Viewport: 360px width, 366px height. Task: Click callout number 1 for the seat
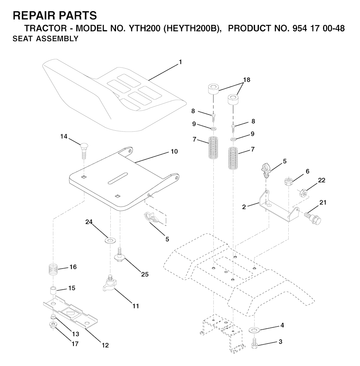(180, 62)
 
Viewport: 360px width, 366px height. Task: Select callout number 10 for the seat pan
(174, 152)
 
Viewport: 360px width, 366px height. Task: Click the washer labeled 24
(110, 240)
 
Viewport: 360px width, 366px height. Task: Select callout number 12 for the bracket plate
(105, 345)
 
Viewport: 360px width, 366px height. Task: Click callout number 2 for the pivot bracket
(244, 207)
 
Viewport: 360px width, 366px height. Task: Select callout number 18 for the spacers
(246, 80)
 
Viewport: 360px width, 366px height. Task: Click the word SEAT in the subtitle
(22, 39)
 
